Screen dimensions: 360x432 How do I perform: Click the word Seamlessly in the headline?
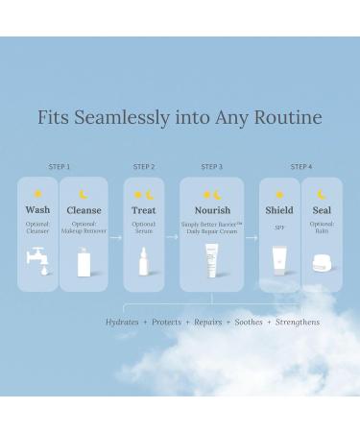(x=122, y=118)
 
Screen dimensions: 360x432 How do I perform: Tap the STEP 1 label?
(x=60, y=167)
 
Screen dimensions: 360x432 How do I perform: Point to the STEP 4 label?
(x=301, y=167)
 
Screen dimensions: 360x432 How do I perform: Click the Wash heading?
(x=37, y=210)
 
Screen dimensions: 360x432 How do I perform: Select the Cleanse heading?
(x=84, y=210)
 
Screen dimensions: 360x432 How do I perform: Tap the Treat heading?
(x=144, y=210)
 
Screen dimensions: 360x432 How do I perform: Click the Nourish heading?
(x=212, y=210)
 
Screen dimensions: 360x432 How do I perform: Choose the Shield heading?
(x=279, y=210)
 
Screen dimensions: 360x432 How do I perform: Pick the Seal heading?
(x=322, y=210)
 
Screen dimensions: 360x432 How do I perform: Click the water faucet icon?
(x=37, y=260)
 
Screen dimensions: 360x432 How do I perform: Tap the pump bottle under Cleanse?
(x=84, y=262)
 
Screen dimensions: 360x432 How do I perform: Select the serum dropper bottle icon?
(x=144, y=261)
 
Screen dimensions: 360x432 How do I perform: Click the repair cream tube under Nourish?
(x=212, y=260)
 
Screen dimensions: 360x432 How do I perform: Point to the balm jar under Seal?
(x=322, y=263)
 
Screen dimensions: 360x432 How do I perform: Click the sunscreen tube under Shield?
(x=279, y=261)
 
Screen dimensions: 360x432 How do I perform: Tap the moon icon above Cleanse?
(x=84, y=194)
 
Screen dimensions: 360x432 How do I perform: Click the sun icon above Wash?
(x=37, y=194)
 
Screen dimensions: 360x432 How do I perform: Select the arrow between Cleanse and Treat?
(x=115, y=237)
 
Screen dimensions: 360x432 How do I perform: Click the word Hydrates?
(x=122, y=322)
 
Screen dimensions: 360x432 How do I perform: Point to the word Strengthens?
(x=298, y=323)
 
